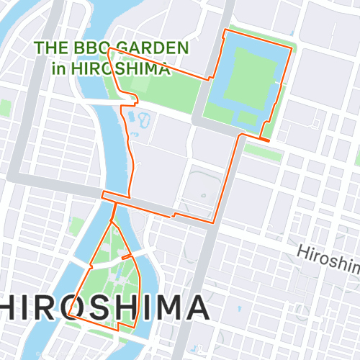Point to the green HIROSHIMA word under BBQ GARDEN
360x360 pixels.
[120, 69]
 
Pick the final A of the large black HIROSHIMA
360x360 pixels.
[194, 307]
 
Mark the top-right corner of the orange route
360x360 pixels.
[292, 48]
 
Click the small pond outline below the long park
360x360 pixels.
[138, 118]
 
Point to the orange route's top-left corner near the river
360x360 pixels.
[108, 50]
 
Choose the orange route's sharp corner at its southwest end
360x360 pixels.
[70, 315]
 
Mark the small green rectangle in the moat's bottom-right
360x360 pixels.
[248, 118]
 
